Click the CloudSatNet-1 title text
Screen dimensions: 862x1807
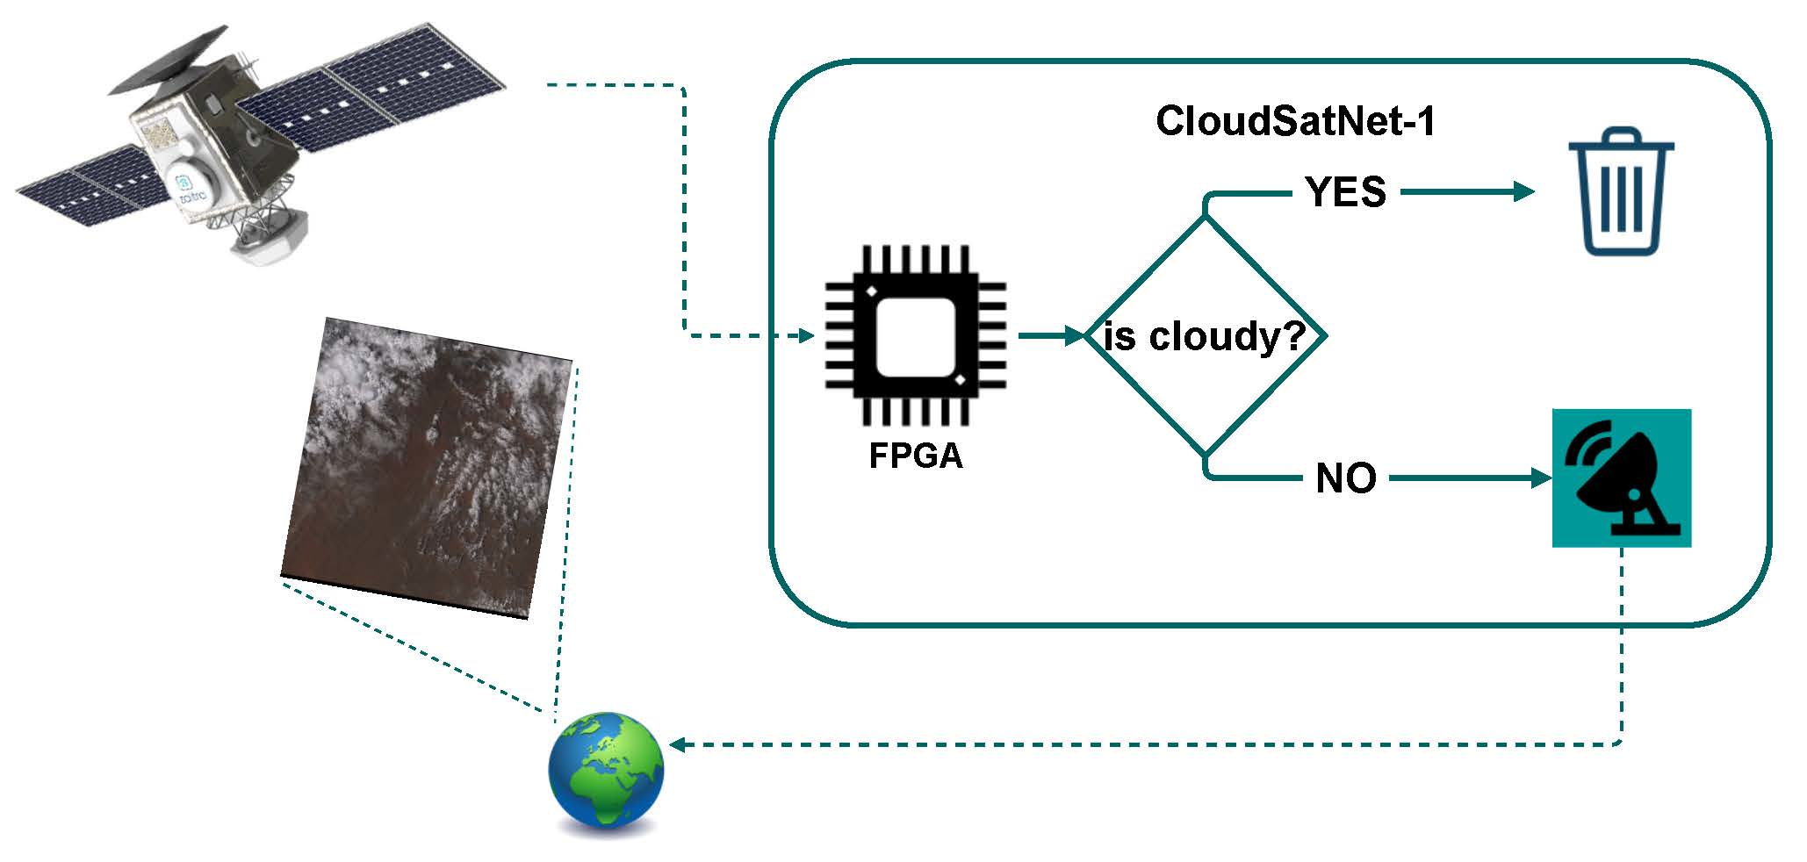click(1294, 121)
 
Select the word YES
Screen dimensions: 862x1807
click(1345, 192)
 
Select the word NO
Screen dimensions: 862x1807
click(1345, 478)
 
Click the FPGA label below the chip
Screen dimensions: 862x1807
click(915, 456)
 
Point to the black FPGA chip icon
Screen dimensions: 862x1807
click(915, 336)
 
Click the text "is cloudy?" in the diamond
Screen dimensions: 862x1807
click(1204, 336)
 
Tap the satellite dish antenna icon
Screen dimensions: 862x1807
click(1621, 478)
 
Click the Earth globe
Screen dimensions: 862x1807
click(606, 771)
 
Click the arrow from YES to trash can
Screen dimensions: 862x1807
click(1466, 191)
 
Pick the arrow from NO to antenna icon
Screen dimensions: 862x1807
click(1471, 478)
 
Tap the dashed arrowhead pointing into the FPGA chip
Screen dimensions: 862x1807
click(807, 335)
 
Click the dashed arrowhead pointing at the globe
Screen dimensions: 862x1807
click(678, 744)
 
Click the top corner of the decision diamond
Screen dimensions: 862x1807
click(1205, 218)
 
